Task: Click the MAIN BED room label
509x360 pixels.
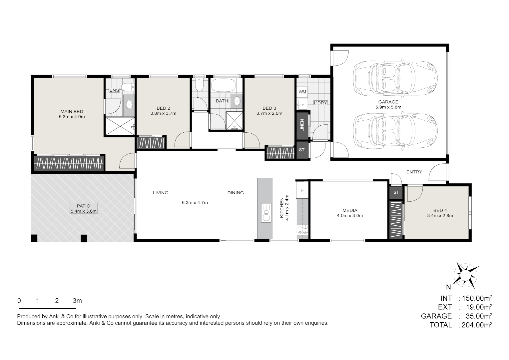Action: coord(72,111)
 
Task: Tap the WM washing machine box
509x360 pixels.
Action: coord(302,92)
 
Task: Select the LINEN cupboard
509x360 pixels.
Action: coord(302,125)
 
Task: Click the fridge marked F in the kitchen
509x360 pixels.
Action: coord(302,190)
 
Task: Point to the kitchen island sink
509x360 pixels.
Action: coord(266,213)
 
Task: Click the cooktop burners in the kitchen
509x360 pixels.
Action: coord(303,229)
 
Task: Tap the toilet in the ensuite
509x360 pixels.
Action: coord(127,87)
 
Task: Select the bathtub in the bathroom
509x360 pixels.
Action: coord(224,85)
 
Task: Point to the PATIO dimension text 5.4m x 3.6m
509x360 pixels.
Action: coord(84,211)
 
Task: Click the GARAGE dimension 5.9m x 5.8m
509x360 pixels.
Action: coord(388,107)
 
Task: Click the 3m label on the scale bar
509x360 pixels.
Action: coord(77,301)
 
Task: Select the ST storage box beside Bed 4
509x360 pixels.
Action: coord(396,192)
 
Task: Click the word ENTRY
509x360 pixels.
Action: coord(414,172)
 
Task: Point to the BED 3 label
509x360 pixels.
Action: coord(269,108)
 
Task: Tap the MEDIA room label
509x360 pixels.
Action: coord(350,210)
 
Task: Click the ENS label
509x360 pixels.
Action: coord(114,90)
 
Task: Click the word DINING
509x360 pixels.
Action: coord(236,193)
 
